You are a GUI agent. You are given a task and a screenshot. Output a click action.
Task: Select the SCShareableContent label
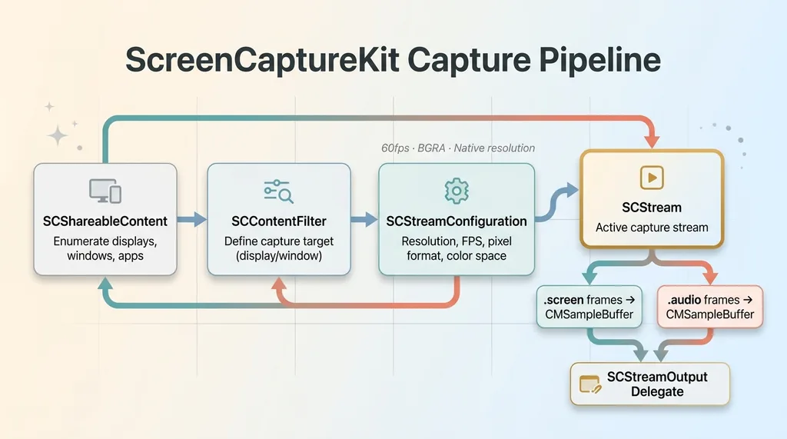pyautogui.click(x=105, y=221)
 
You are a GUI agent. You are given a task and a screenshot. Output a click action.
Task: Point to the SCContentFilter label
pyautogui.click(x=279, y=221)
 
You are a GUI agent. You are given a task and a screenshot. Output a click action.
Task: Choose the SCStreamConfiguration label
pyautogui.click(x=457, y=221)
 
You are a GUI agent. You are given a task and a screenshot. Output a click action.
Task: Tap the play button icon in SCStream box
pyautogui.click(x=651, y=178)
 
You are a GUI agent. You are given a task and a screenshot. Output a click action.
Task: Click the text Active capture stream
pyautogui.click(x=651, y=228)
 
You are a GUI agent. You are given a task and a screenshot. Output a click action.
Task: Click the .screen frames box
pyautogui.click(x=588, y=307)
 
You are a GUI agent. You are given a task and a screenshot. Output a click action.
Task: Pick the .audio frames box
pyautogui.click(x=710, y=307)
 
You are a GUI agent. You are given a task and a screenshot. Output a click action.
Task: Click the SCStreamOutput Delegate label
pyautogui.click(x=657, y=384)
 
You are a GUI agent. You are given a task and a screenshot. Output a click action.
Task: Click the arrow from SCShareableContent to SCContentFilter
pyautogui.click(x=192, y=221)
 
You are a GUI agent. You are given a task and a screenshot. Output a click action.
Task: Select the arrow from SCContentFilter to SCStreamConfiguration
pyautogui.click(x=364, y=221)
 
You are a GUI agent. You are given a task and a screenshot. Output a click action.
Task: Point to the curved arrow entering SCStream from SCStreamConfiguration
pyautogui.click(x=555, y=201)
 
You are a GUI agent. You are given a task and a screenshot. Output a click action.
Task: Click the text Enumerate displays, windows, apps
pyautogui.click(x=105, y=248)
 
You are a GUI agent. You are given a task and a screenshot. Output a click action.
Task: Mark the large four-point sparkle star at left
pyautogui.click(x=57, y=136)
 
